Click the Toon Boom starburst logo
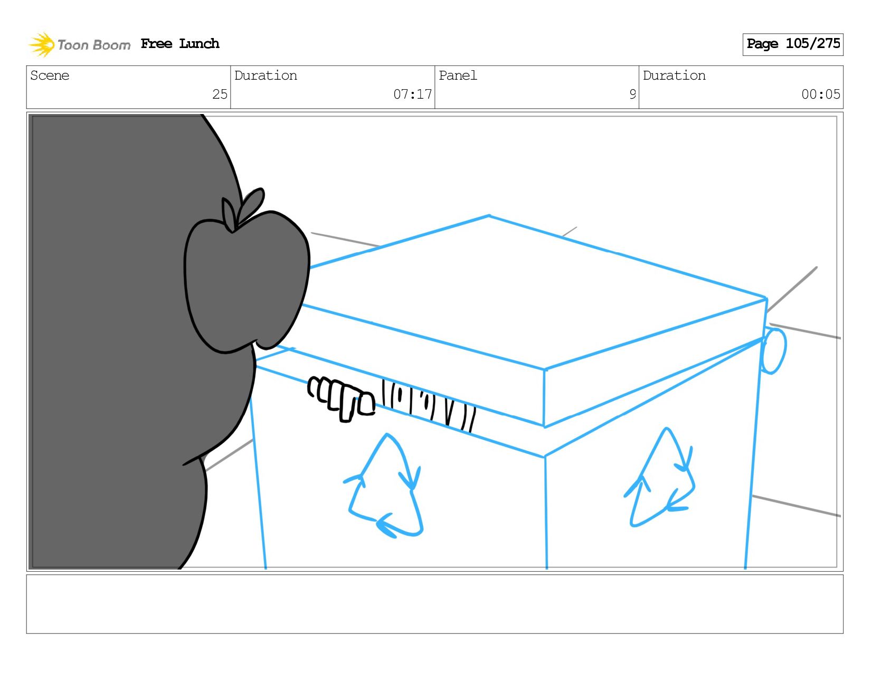pyautogui.click(x=42, y=44)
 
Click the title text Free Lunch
pyautogui.click(x=180, y=43)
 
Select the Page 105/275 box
pyautogui.click(x=792, y=44)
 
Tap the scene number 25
pyautogui.click(x=220, y=94)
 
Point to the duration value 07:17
pyautogui.click(x=412, y=94)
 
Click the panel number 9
pyautogui.click(x=632, y=94)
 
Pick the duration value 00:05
pyautogui.click(x=820, y=94)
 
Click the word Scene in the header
pyautogui.click(x=50, y=75)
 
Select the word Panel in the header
pyautogui.click(x=458, y=75)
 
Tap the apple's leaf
pyautogui.click(x=251, y=205)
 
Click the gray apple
pyautogui.click(x=247, y=277)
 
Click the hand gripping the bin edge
pyautogui.click(x=341, y=399)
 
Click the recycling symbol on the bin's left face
pyautogui.click(x=384, y=485)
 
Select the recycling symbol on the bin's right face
pyautogui.click(x=659, y=478)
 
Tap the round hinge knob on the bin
pyautogui.click(x=773, y=351)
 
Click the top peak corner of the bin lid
pyautogui.click(x=489, y=216)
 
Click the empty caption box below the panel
pyautogui.click(x=435, y=604)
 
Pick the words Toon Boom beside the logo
pyautogui.click(x=94, y=45)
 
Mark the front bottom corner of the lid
pyautogui.click(x=544, y=426)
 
